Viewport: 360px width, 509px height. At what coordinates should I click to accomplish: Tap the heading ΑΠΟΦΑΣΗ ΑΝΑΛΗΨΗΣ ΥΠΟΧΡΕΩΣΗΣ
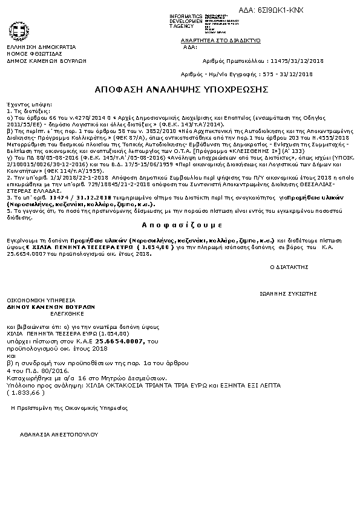(182, 89)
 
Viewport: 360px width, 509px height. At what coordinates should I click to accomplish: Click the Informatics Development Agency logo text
(187, 21)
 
